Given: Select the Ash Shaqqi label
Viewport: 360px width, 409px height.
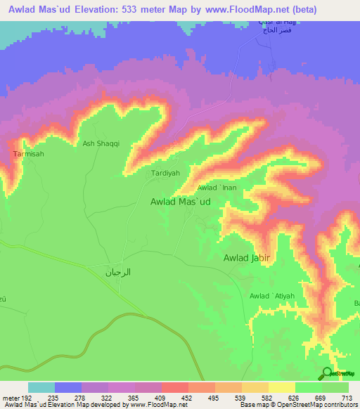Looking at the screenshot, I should point(101,144).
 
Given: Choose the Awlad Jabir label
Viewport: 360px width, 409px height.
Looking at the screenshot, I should point(247,258).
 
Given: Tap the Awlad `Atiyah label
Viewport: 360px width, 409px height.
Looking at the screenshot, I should point(272,296).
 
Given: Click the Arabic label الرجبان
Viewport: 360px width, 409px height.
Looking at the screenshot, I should point(118,272).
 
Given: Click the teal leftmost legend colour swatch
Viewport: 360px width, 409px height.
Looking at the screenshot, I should point(41,387).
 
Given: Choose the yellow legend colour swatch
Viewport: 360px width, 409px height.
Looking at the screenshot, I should point(282,387).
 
